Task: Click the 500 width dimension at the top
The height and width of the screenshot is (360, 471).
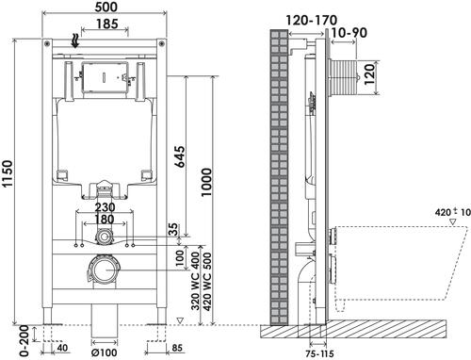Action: tap(106, 7)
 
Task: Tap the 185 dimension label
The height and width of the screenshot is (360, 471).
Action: tap(107, 24)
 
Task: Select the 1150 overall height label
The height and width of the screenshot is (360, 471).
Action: tap(8, 173)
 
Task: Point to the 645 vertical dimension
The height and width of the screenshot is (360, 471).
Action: tap(180, 156)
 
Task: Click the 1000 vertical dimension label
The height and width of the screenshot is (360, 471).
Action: tap(206, 183)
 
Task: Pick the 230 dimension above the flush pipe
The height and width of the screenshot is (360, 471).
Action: tap(105, 207)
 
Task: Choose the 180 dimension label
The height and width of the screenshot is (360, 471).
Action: tap(105, 219)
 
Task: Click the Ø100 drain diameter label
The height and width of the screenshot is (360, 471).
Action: tap(104, 352)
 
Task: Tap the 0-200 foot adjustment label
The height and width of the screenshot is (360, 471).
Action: tap(24, 341)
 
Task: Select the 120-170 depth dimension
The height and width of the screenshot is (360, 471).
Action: tap(311, 21)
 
